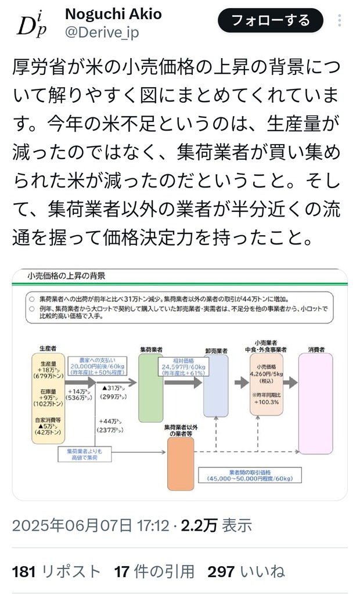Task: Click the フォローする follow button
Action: coord(270,21)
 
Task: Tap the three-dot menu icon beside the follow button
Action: coord(340,21)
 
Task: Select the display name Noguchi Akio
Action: coord(113,14)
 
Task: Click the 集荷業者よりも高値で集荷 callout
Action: coord(81,453)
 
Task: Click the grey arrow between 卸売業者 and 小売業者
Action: coord(241,383)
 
